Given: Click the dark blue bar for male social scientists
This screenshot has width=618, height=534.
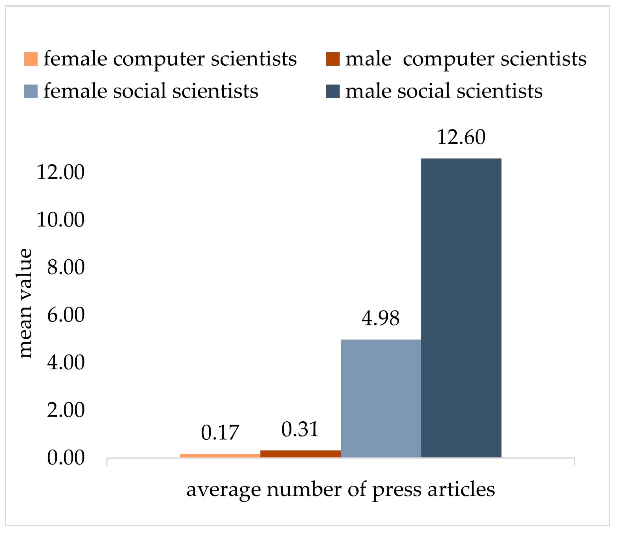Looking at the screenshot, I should point(461,308).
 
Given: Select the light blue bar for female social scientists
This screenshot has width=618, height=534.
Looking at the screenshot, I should point(381,399).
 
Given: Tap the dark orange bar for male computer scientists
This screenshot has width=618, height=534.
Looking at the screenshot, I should point(300,454).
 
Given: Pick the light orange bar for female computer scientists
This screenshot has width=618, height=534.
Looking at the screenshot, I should point(220,456).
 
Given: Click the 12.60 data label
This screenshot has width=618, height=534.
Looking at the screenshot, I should point(461,137).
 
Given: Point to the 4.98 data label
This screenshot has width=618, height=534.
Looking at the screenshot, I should point(381,318).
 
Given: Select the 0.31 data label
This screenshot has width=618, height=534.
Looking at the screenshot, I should point(300,430).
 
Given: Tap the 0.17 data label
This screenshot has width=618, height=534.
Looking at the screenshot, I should point(220,433).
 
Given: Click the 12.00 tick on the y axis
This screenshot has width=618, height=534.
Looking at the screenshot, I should point(61,172).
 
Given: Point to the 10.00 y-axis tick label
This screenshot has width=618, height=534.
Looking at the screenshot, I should point(61,220).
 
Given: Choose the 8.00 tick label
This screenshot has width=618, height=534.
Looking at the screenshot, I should point(66,267).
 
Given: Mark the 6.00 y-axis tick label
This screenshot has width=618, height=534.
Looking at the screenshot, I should point(66,315).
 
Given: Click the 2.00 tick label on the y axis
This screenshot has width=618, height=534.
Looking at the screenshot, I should point(66,410).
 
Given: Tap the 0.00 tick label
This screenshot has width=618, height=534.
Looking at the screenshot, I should point(66,458).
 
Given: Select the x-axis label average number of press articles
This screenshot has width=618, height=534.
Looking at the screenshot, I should point(340,490).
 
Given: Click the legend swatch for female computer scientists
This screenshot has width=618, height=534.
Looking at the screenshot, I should point(31,59).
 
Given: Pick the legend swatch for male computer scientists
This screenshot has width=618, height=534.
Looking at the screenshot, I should point(333,59).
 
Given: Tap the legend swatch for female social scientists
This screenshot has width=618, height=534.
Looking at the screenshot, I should point(31,91).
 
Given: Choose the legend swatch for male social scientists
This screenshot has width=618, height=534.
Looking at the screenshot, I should point(333,91).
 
